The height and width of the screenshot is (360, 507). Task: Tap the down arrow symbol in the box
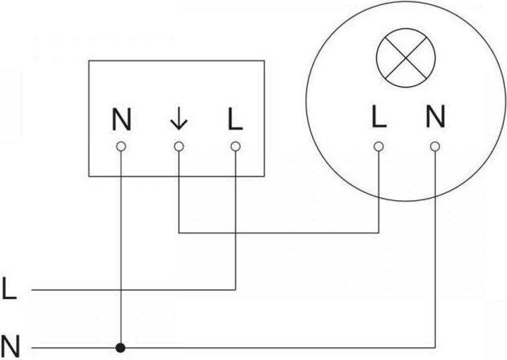pos(179,119)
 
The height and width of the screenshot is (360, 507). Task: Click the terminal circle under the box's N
pos(121,147)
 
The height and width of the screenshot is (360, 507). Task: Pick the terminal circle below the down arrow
pos(179,147)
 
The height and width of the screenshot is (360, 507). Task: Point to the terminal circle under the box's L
pos(235,147)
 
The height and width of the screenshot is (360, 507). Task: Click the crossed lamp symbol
pos(406,58)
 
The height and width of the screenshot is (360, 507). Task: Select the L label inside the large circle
pos(379,116)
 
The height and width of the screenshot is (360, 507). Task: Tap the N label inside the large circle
pos(436,116)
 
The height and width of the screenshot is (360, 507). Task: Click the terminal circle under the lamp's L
pos(379,147)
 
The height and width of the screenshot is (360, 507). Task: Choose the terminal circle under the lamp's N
pos(435,147)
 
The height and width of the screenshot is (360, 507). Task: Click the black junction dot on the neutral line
pos(121,348)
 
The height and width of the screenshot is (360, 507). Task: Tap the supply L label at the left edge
pos(9,288)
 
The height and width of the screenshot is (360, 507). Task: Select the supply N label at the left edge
pos(10,346)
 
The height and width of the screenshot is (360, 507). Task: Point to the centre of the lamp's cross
pos(406,58)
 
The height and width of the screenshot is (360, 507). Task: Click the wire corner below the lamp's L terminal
pos(379,233)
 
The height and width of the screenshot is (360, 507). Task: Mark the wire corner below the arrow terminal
pos(179,233)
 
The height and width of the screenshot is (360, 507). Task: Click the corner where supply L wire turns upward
pos(235,290)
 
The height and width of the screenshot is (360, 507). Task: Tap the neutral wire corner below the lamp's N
pos(435,348)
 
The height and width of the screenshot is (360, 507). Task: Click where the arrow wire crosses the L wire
pos(235,233)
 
